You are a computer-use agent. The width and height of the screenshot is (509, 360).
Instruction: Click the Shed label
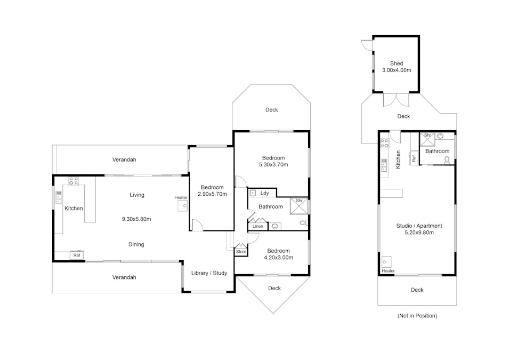point(397,63)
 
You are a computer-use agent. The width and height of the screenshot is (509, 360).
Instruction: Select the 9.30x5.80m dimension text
point(136,219)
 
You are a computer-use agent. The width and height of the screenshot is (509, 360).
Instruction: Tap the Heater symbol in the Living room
point(182,206)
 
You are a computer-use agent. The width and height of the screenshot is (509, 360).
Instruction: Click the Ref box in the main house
point(77,255)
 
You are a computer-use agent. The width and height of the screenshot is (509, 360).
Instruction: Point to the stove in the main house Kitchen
point(74,181)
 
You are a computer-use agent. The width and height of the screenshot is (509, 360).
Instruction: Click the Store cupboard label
point(241,252)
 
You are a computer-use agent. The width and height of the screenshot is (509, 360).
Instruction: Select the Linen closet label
point(258,226)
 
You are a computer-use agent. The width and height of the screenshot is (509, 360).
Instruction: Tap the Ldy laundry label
point(264,193)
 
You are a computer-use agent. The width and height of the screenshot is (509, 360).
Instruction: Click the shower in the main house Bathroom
point(298,206)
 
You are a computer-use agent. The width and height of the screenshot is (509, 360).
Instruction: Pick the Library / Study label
point(209,273)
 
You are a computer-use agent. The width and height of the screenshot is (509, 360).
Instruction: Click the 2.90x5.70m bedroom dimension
point(212,194)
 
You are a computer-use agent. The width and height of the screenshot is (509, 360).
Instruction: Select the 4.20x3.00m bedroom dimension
point(279,258)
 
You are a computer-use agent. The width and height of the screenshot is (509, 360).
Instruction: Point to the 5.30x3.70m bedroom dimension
point(273,164)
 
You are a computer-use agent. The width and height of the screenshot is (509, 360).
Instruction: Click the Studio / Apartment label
point(419,226)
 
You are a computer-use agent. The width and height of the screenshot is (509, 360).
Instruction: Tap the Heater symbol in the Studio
point(386,261)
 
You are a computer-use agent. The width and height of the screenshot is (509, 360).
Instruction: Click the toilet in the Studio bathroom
point(447,160)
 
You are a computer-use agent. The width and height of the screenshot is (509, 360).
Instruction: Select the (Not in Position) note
point(417,316)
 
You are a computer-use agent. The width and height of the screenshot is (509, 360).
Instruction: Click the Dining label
point(136,244)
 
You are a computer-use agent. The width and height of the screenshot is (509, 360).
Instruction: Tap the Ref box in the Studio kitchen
point(414,158)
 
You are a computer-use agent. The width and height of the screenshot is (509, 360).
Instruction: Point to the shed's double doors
point(396,100)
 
